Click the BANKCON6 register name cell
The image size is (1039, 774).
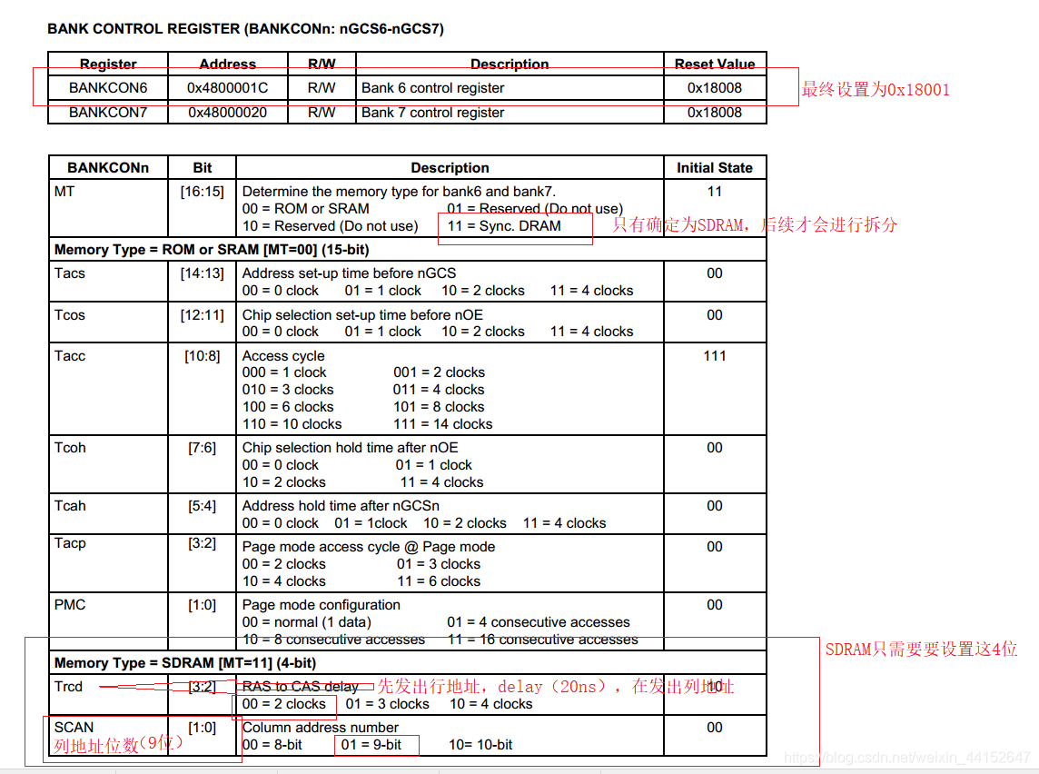point(108,88)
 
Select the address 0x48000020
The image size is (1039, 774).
point(227,113)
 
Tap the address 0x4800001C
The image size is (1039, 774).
point(227,88)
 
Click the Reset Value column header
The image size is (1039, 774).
point(714,64)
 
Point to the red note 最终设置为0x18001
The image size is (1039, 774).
point(875,90)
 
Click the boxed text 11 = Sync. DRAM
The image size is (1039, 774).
point(514,226)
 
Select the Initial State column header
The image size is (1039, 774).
point(714,168)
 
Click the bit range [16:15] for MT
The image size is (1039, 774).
point(202,192)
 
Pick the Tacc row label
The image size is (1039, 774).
point(70,356)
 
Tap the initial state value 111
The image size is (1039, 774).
point(714,356)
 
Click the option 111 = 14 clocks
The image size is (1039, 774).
point(443,424)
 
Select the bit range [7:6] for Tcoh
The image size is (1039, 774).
point(202,448)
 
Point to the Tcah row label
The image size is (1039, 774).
point(70,506)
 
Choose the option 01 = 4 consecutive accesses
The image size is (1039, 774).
point(538,622)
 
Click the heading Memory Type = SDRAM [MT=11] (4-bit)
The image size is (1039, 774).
point(184,663)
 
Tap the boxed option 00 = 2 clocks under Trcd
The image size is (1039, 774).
point(284,704)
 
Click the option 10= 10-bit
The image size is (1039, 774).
point(480,745)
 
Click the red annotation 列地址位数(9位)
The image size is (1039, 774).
point(118,745)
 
